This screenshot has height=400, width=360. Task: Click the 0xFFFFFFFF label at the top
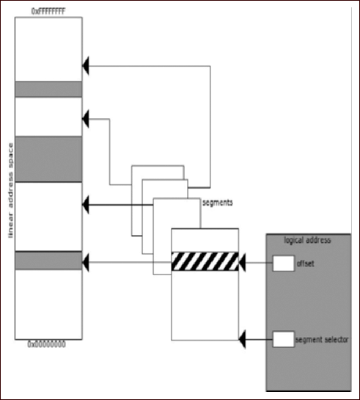click(48, 11)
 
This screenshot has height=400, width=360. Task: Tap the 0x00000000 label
click(48, 343)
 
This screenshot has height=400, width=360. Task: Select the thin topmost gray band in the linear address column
click(48, 89)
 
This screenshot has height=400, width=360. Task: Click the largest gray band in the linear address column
click(48, 159)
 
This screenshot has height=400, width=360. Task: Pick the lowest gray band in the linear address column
click(48, 260)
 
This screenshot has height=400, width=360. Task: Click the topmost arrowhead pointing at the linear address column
click(87, 65)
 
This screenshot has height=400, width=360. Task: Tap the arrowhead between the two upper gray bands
click(87, 117)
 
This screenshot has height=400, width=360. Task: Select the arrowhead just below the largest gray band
click(87, 202)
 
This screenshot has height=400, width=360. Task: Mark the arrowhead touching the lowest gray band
click(87, 261)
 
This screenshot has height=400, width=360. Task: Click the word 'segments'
click(218, 202)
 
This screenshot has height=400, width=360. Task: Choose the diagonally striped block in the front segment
click(205, 261)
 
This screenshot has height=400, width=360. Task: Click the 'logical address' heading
click(308, 241)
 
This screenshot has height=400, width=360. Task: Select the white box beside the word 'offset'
click(283, 263)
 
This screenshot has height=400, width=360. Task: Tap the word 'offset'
click(306, 263)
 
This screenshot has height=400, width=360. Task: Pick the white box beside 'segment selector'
click(283, 339)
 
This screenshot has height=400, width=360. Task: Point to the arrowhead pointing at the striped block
click(245, 262)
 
